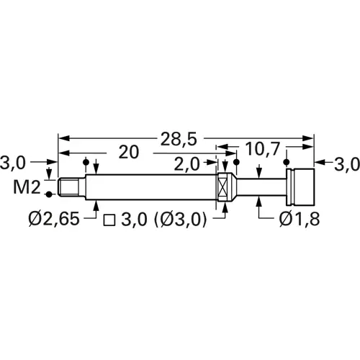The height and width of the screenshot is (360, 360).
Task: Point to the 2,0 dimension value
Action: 187,165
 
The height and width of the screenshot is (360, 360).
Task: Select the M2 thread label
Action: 27,188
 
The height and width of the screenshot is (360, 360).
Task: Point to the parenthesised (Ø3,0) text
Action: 181,220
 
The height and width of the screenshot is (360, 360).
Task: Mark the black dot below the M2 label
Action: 49,194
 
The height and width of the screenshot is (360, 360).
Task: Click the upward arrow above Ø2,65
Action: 97,205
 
